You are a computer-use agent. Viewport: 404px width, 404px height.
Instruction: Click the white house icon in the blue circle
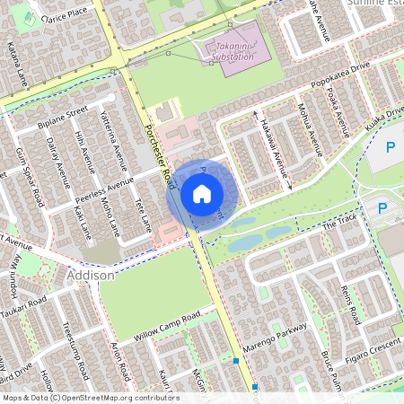click(202, 194)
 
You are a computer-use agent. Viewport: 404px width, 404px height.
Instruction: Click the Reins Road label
click(349, 303)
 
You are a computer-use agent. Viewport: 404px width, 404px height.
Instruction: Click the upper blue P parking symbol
click(391, 146)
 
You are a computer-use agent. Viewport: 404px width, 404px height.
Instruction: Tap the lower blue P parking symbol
click(382, 208)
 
